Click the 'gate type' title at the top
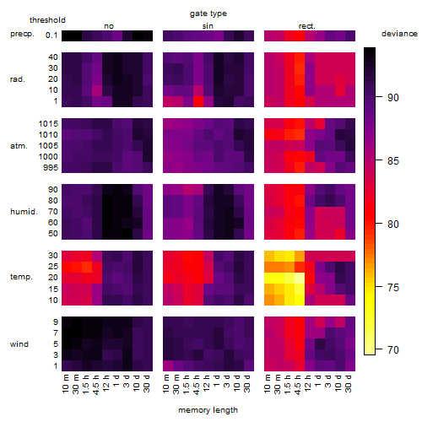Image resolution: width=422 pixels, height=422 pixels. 208,14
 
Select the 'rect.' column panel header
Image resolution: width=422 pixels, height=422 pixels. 306,26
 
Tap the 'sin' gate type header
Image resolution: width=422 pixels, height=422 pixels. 208,26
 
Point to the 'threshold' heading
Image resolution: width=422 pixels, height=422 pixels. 47,20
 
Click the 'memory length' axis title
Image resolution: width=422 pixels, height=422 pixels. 208,410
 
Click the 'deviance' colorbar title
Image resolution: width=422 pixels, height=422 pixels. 399,34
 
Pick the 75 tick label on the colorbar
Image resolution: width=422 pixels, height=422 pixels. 393,287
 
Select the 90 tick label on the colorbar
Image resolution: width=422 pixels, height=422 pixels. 393,98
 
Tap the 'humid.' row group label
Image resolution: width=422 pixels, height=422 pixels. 24,212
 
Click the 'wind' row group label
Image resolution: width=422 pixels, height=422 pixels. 19,344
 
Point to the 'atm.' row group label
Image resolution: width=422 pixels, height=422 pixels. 19,146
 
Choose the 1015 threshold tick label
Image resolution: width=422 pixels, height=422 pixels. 48,124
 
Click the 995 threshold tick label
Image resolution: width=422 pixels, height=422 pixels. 51,168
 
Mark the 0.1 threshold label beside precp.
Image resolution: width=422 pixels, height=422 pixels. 51,35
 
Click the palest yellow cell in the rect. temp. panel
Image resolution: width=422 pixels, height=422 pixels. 300,278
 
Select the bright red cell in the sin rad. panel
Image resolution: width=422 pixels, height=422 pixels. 198,101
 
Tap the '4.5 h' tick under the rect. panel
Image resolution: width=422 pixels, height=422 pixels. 298,384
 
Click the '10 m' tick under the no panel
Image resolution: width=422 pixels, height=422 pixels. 65,384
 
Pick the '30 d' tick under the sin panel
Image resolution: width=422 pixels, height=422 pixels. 247,384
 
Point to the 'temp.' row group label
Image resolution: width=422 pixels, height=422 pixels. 21,277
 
